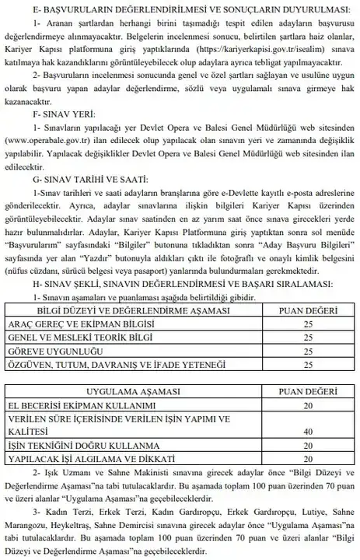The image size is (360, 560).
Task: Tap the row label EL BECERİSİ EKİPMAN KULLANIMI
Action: pos(87,406)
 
